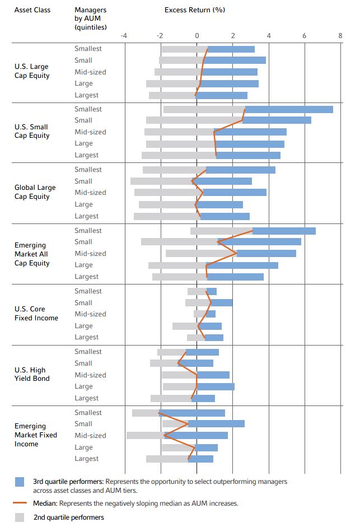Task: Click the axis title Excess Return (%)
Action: tap(194, 10)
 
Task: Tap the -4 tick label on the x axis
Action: tap(124, 36)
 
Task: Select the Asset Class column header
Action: tap(32, 10)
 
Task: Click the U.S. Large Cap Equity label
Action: tap(32, 71)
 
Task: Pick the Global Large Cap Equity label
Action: tap(35, 192)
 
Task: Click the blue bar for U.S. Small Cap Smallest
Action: tap(289, 109)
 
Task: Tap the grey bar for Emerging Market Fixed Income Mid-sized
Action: tap(145, 435)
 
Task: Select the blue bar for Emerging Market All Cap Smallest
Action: tap(284, 231)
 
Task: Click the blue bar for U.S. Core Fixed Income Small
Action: tap(222, 302)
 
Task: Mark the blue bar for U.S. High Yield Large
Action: tap(216, 386)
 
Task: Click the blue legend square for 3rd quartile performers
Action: tap(20, 482)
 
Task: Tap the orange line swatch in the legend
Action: tap(20, 503)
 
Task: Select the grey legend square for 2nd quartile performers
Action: tap(20, 517)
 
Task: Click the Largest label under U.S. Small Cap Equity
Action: tap(86, 155)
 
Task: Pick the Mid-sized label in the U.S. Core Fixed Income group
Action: tap(90, 314)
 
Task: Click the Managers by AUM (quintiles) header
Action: tap(90, 18)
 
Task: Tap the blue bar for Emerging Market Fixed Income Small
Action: tap(216, 423)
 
